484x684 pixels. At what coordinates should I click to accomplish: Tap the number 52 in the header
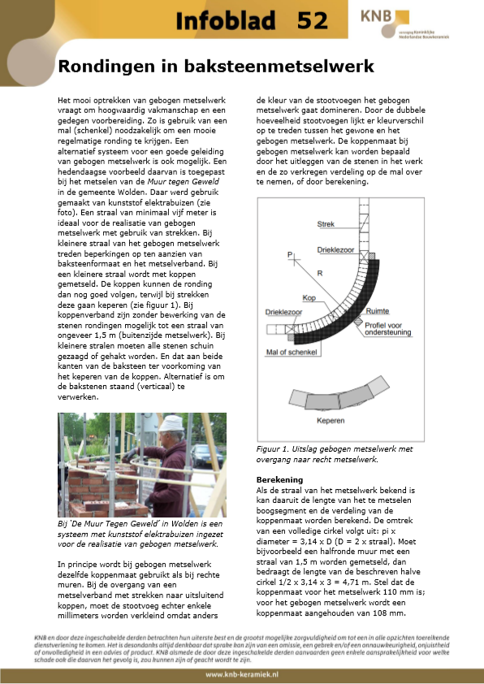tap(313, 21)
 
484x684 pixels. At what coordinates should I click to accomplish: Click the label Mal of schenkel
tap(289, 353)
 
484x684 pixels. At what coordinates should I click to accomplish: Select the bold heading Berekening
tap(279, 479)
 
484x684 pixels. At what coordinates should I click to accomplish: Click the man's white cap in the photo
tap(172, 423)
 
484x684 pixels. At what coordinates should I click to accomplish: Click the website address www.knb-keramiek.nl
tap(241, 674)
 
